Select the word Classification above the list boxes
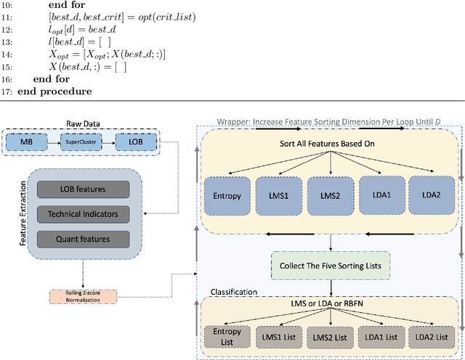pos(235,292)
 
